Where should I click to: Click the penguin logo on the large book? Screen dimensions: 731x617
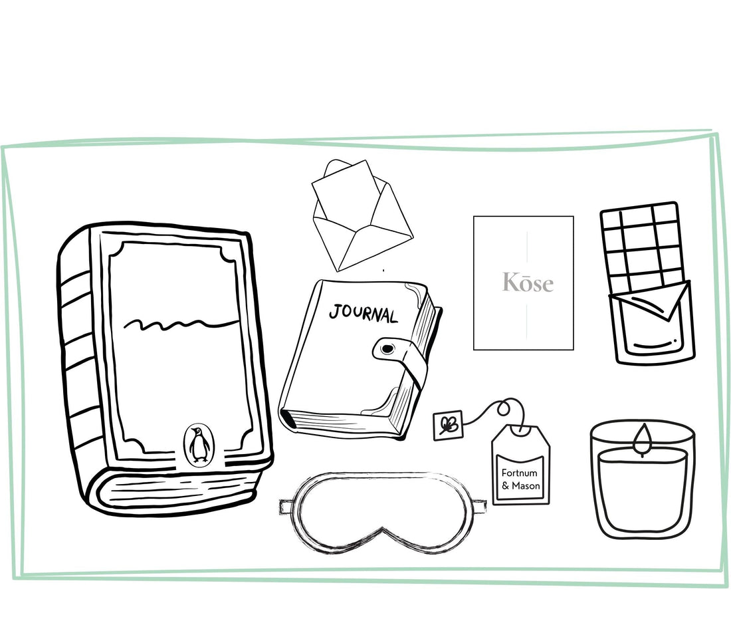[x=199, y=445]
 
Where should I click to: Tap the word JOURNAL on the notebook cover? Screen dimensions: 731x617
[x=364, y=313]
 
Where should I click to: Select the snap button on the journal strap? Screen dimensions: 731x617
[x=387, y=348]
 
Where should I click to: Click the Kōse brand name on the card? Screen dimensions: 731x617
[x=528, y=283]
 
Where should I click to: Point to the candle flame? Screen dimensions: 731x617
[x=643, y=439]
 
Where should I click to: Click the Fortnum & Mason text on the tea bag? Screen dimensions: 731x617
[x=520, y=479]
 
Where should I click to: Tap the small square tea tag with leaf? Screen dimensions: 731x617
[x=448, y=425]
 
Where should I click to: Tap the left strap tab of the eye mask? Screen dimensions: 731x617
[x=287, y=507]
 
